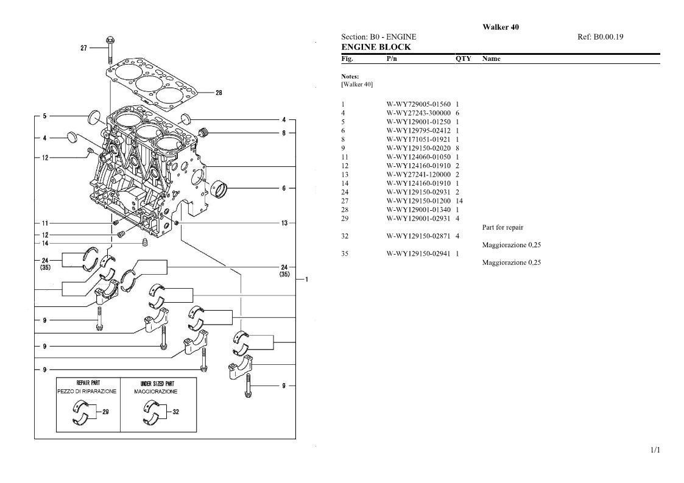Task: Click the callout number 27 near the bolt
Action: pos(84,48)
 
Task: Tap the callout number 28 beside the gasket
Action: pos(219,93)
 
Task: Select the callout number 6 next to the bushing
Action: pos(284,188)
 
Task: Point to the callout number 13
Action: pos(284,223)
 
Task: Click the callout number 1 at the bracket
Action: pos(306,279)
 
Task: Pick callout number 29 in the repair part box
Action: pos(105,412)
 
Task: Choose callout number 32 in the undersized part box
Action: pos(176,412)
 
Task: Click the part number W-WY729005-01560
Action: pos(418,104)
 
